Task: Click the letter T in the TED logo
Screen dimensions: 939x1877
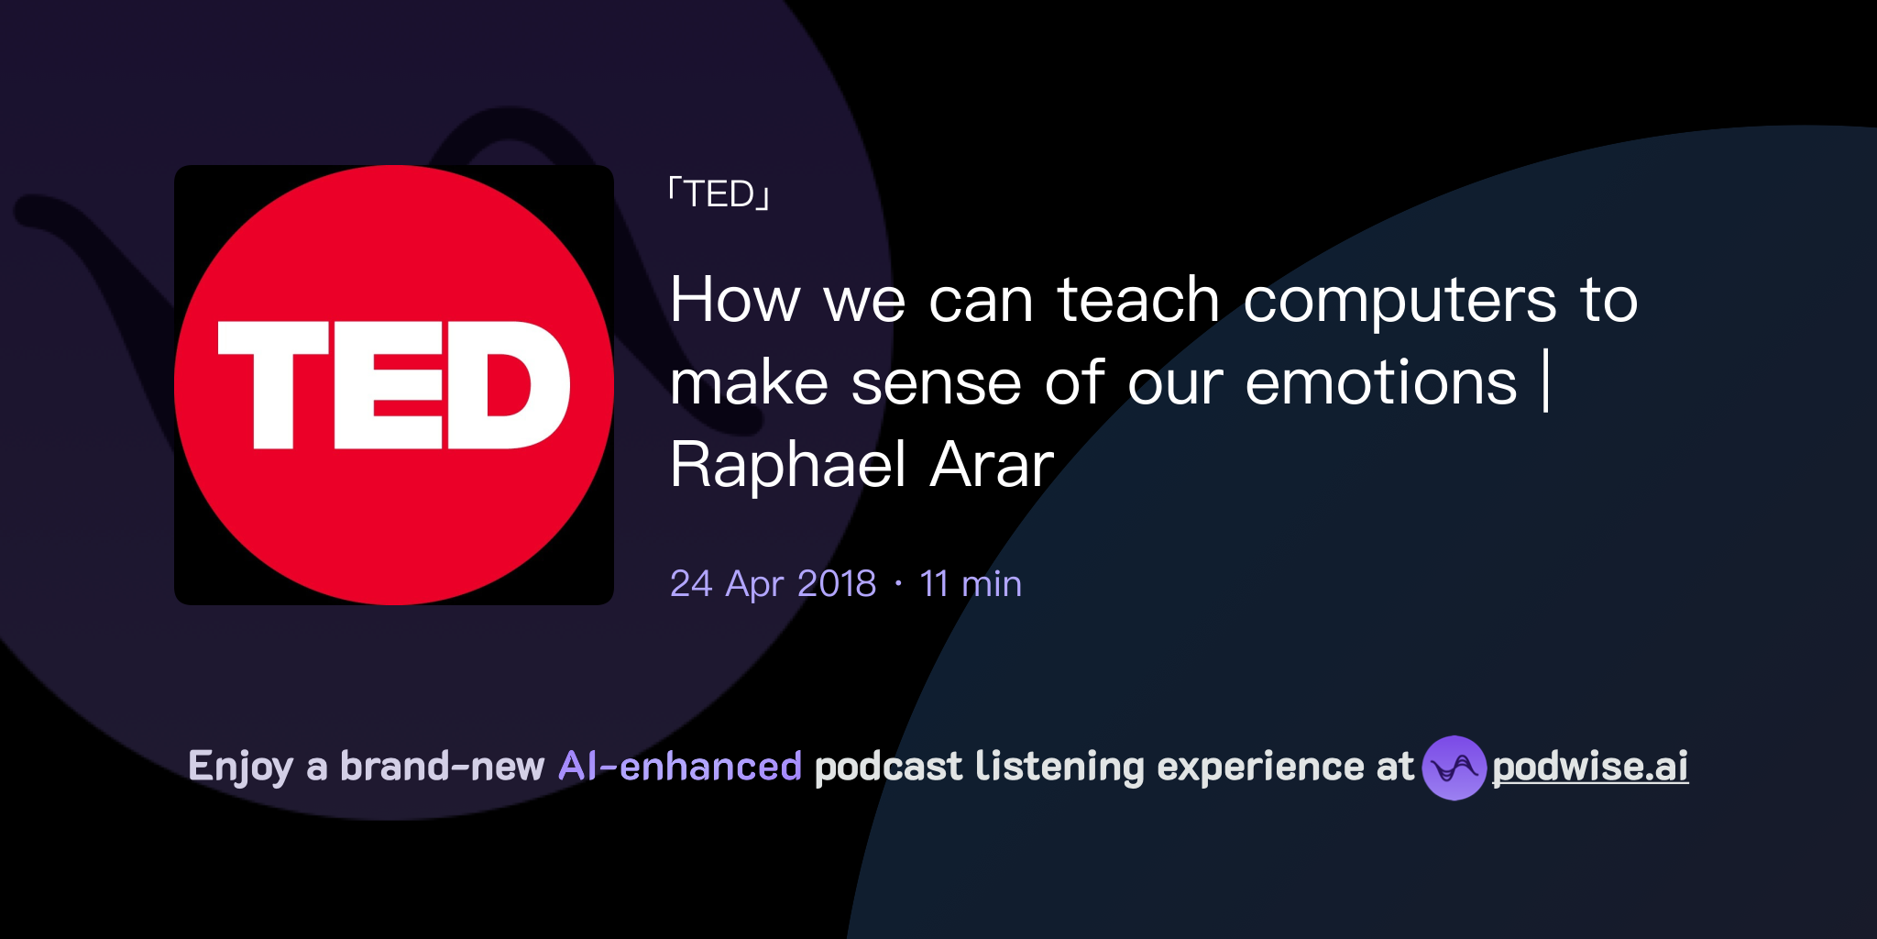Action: (x=272, y=383)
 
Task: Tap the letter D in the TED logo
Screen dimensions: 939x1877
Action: (x=508, y=383)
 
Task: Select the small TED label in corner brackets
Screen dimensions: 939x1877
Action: (x=719, y=194)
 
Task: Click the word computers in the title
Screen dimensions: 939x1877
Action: (x=1400, y=300)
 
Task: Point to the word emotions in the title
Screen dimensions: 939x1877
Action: (x=1381, y=382)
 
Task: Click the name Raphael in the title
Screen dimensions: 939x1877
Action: (x=787, y=465)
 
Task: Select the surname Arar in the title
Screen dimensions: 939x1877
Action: (x=992, y=465)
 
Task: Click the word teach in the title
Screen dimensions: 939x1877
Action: (x=1138, y=300)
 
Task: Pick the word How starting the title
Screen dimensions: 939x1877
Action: (x=735, y=300)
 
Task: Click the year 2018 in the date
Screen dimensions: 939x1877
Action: (x=837, y=584)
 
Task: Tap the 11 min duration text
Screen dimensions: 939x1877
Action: (x=971, y=584)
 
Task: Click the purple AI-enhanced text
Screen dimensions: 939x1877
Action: (x=680, y=767)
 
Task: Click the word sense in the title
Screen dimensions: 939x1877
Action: (x=936, y=383)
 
